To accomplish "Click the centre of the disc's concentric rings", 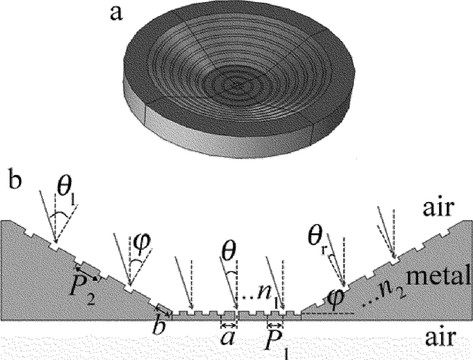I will (234, 84).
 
